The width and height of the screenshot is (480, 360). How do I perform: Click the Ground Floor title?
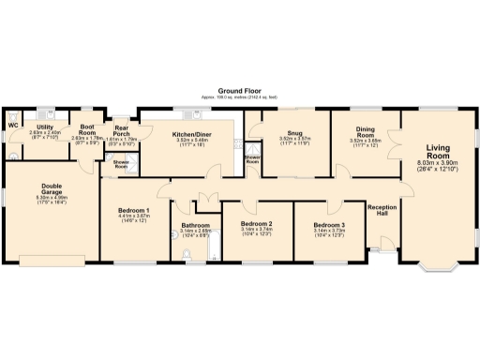(x=239, y=89)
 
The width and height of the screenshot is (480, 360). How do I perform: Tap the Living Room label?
(x=437, y=152)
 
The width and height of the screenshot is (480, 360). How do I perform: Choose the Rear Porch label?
(x=122, y=132)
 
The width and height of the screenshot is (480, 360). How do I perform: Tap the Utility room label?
(x=44, y=127)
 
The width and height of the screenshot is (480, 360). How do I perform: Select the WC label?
(x=13, y=126)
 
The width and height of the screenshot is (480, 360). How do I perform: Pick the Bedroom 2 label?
(x=256, y=225)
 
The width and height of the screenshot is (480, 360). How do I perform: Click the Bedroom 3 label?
(x=329, y=225)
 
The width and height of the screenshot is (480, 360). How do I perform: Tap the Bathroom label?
(x=196, y=225)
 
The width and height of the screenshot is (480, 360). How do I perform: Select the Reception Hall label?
(x=380, y=211)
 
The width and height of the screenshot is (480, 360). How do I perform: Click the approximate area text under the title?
(x=239, y=97)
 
